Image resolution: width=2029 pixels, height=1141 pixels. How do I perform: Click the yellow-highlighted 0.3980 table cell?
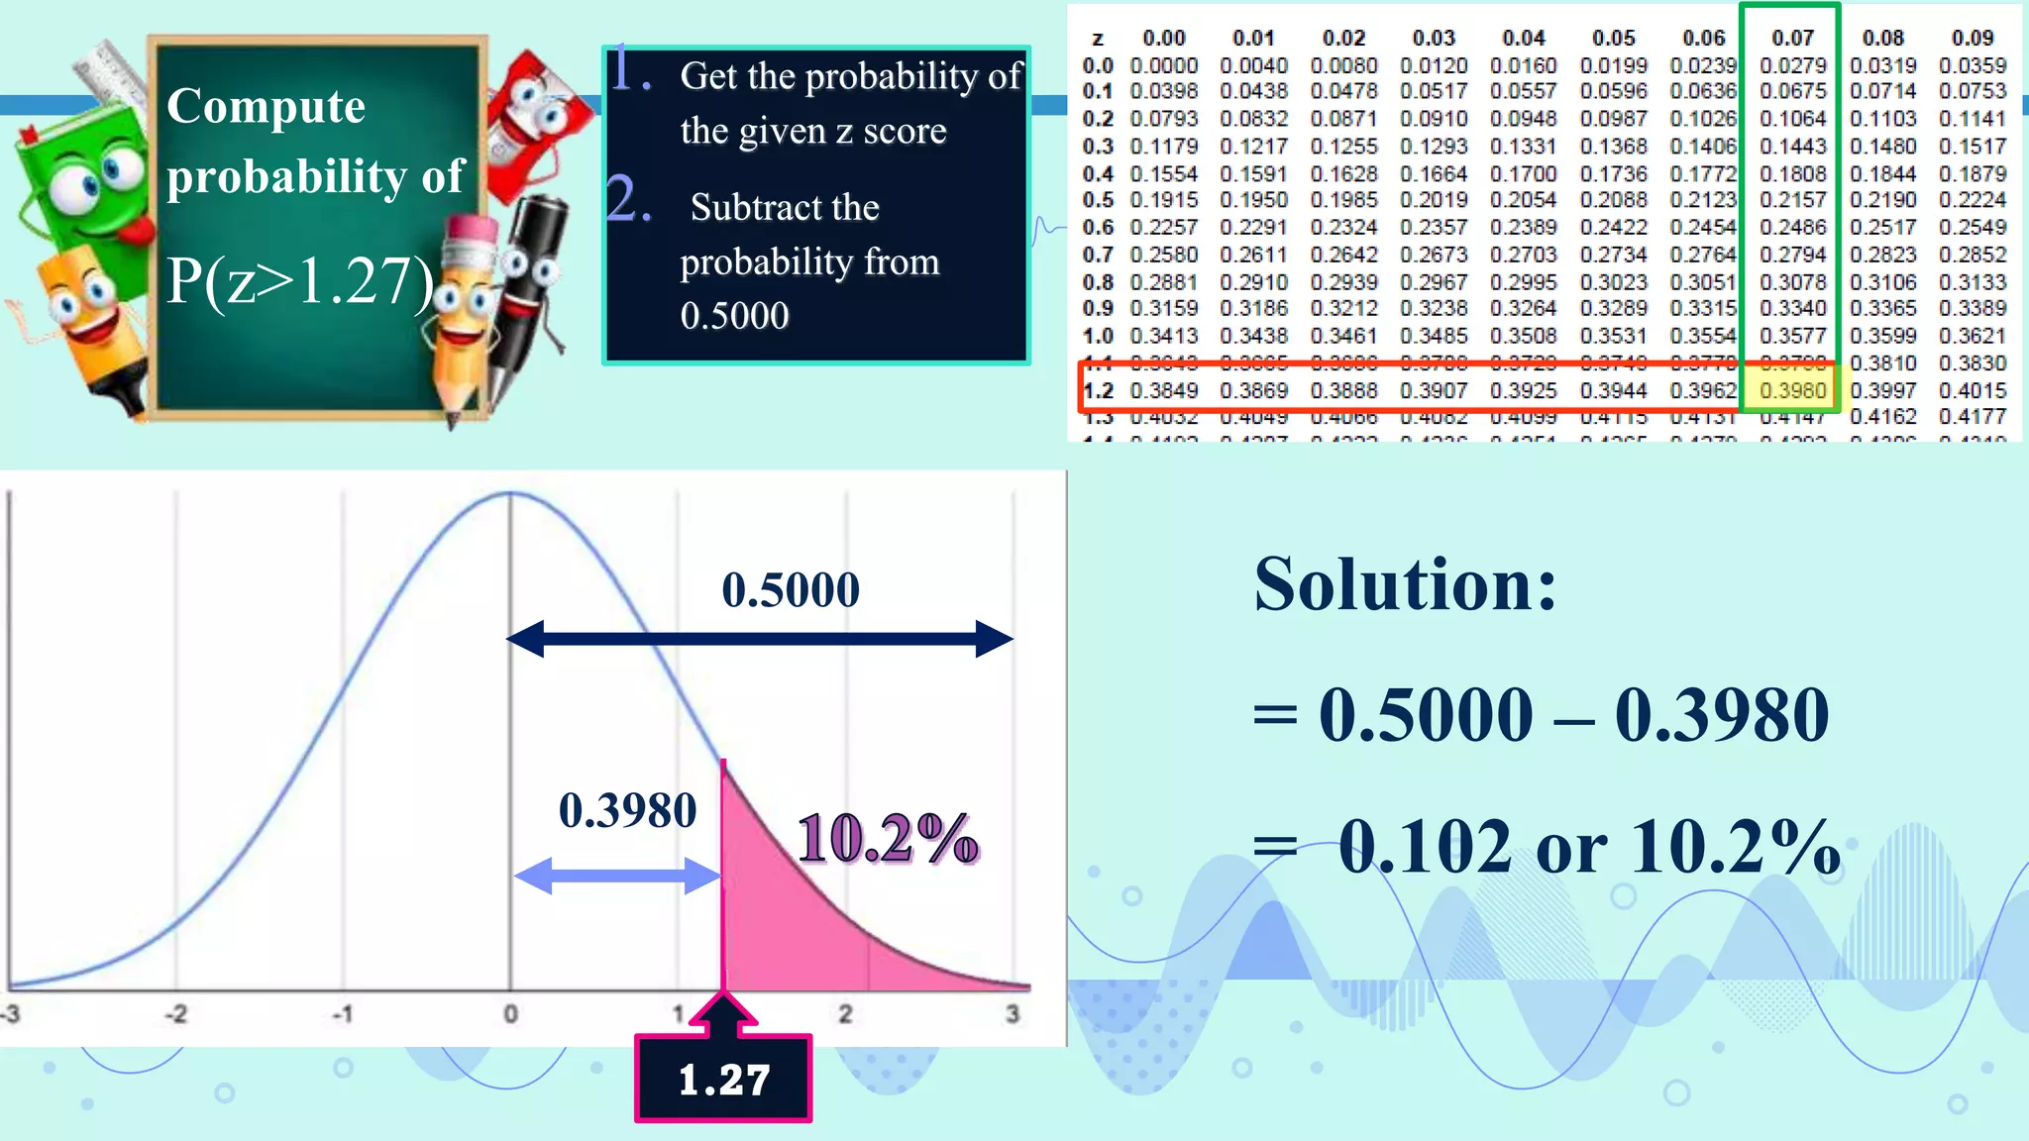[x=1792, y=390]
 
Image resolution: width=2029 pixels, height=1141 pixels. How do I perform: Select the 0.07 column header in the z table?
[x=1792, y=38]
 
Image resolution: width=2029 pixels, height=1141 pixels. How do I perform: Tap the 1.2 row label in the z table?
[x=1098, y=390]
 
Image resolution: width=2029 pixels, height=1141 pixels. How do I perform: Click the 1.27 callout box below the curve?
[x=723, y=1079]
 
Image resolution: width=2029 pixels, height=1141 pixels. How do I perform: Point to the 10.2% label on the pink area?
[x=888, y=838]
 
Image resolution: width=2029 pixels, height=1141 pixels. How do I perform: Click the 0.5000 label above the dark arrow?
[x=790, y=589]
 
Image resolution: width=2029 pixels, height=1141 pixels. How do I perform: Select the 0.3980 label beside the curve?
[x=627, y=810]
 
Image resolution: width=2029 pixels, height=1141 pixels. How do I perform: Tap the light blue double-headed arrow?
[x=617, y=876]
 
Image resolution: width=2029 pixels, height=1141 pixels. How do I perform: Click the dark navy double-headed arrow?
[x=759, y=639]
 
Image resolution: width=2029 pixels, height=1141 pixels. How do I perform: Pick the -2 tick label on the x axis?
[x=175, y=1014]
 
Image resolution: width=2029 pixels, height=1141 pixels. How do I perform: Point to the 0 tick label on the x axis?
[x=510, y=1014]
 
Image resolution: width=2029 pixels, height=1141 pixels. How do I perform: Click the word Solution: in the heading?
[x=1405, y=584]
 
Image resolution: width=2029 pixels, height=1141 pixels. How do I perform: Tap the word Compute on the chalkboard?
[x=266, y=106]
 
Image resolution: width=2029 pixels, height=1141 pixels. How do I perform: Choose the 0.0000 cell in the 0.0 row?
[x=1164, y=65]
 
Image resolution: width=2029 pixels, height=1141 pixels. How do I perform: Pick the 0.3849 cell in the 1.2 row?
[x=1164, y=390]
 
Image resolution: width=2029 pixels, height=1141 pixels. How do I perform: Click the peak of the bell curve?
[x=510, y=493]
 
